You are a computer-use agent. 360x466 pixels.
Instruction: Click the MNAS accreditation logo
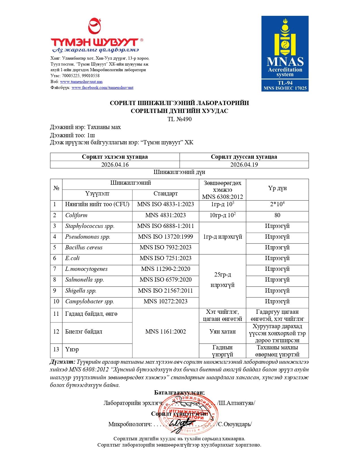(x=285, y=54)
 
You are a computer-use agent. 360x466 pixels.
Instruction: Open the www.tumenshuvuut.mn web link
(x=81, y=82)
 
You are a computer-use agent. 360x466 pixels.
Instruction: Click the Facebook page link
(x=102, y=88)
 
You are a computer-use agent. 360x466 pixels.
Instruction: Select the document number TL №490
(x=180, y=119)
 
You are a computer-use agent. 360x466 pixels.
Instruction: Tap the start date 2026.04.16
(x=115, y=165)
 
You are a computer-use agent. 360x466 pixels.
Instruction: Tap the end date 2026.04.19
(x=244, y=165)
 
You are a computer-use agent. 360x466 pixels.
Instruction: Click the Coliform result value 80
(x=277, y=215)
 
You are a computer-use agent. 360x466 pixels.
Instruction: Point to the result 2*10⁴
(x=277, y=204)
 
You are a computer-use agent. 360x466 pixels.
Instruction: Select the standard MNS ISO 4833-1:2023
(x=165, y=204)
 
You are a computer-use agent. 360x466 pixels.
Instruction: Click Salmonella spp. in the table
(x=84, y=280)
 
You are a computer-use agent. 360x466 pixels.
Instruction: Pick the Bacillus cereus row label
(x=84, y=248)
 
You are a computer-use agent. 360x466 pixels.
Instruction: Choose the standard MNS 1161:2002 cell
(x=165, y=332)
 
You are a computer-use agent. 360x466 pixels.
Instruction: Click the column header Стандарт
(x=165, y=194)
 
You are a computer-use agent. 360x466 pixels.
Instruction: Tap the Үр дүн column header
(x=277, y=188)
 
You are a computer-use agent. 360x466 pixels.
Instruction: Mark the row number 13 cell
(x=56, y=350)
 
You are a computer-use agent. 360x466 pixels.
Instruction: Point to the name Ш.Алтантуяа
(x=237, y=403)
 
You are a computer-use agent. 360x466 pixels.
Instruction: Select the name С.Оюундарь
(x=235, y=424)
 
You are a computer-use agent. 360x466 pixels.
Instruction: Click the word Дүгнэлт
(x=63, y=362)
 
